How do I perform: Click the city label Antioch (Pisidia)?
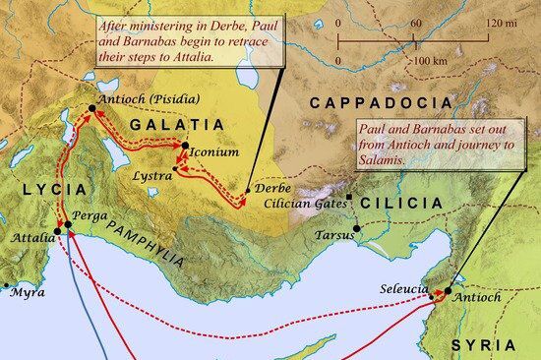[x=150, y=98]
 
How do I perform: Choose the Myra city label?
[x=29, y=293]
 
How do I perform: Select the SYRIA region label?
[x=482, y=344]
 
